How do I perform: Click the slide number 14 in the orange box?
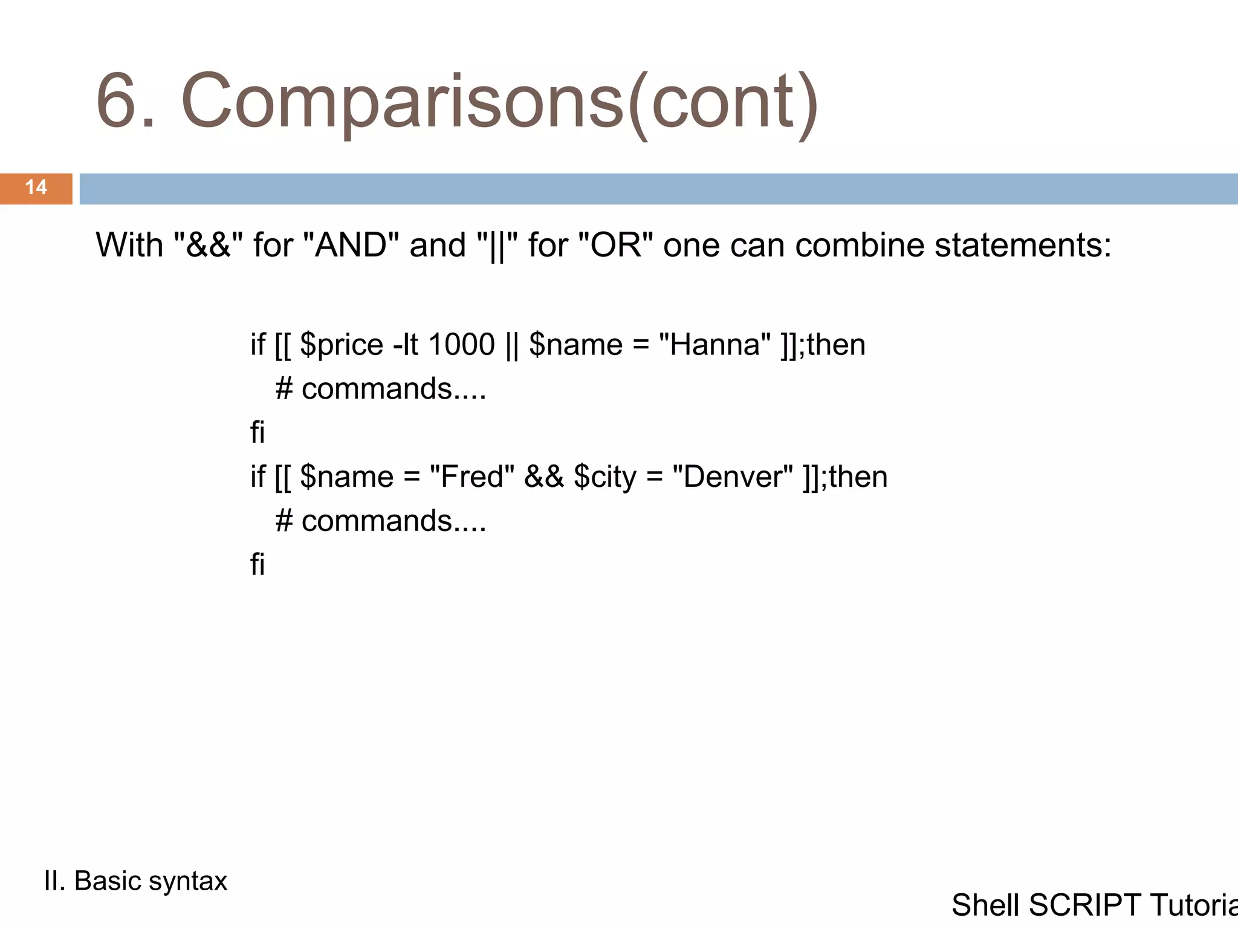(x=36, y=187)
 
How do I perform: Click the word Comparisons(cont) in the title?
(x=499, y=102)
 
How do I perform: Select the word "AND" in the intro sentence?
(x=351, y=246)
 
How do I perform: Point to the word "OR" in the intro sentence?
(x=615, y=246)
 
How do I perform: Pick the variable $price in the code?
(x=342, y=345)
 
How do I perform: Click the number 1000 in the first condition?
(x=461, y=345)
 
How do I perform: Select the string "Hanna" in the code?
(x=715, y=345)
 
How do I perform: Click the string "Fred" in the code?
(x=472, y=477)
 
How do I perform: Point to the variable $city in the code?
(x=605, y=477)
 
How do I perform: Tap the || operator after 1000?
(x=511, y=345)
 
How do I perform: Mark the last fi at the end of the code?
(x=258, y=564)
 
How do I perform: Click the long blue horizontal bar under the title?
(x=658, y=189)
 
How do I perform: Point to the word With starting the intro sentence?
(x=129, y=246)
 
